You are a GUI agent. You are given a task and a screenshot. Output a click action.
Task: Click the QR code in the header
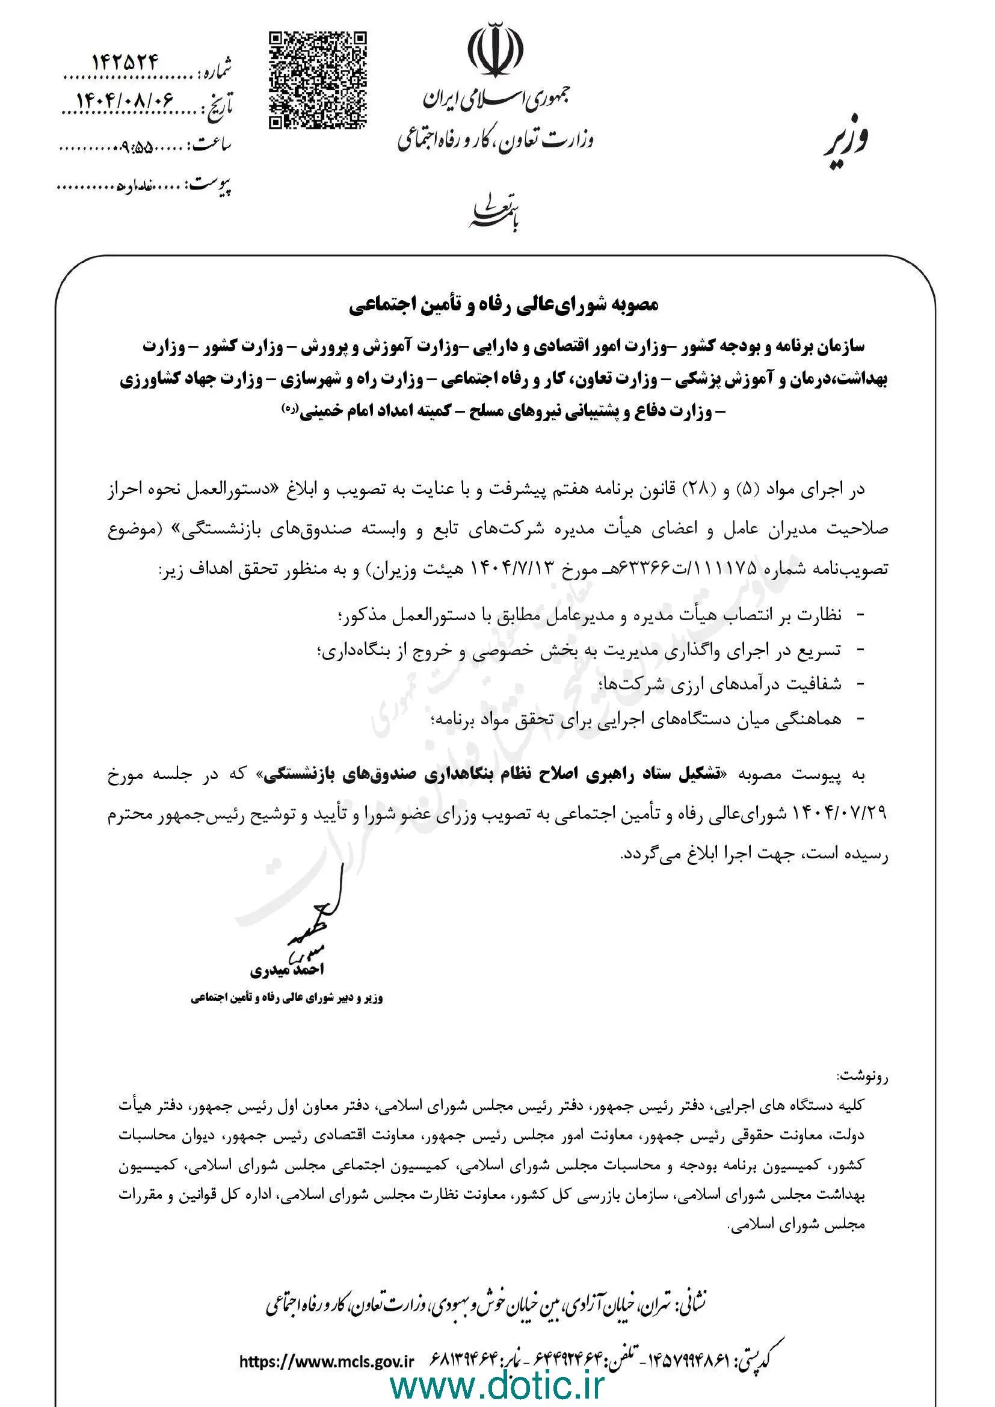point(318,80)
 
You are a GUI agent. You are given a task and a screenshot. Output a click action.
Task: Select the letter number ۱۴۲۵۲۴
point(126,61)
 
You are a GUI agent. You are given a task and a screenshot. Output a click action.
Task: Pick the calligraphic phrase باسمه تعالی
point(494,214)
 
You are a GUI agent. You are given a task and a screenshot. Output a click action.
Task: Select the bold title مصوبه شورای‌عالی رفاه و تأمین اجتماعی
point(504,306)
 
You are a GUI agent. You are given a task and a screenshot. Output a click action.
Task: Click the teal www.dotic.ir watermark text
point(497,1383)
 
